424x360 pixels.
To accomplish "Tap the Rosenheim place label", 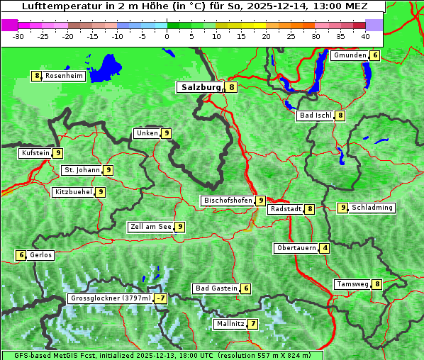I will (x=64, y=76).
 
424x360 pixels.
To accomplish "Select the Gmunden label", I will (x=350, y=55).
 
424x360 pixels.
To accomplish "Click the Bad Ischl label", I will (x=316, y=116).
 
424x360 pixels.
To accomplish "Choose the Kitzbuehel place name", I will (x=74, y=192).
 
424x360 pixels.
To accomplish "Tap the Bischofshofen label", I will (x=228, y=201).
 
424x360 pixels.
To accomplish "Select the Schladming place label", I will (x=372, y=208).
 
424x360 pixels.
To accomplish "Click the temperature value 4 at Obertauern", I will (x=325, y=248).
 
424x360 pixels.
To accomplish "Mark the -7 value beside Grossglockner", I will (x=161, y=298).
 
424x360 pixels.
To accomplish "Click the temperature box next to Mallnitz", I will (x=253, y=324).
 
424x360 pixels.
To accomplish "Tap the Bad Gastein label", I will (x=217, y=288).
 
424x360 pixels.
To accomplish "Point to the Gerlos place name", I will (x=41, y=255).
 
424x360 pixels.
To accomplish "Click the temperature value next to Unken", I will (x=166, y=133).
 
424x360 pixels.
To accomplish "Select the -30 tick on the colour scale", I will (x=18, y=36).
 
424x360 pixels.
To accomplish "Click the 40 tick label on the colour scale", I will (x=365, y=36).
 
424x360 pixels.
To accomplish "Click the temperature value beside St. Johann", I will (x=108, y=170).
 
